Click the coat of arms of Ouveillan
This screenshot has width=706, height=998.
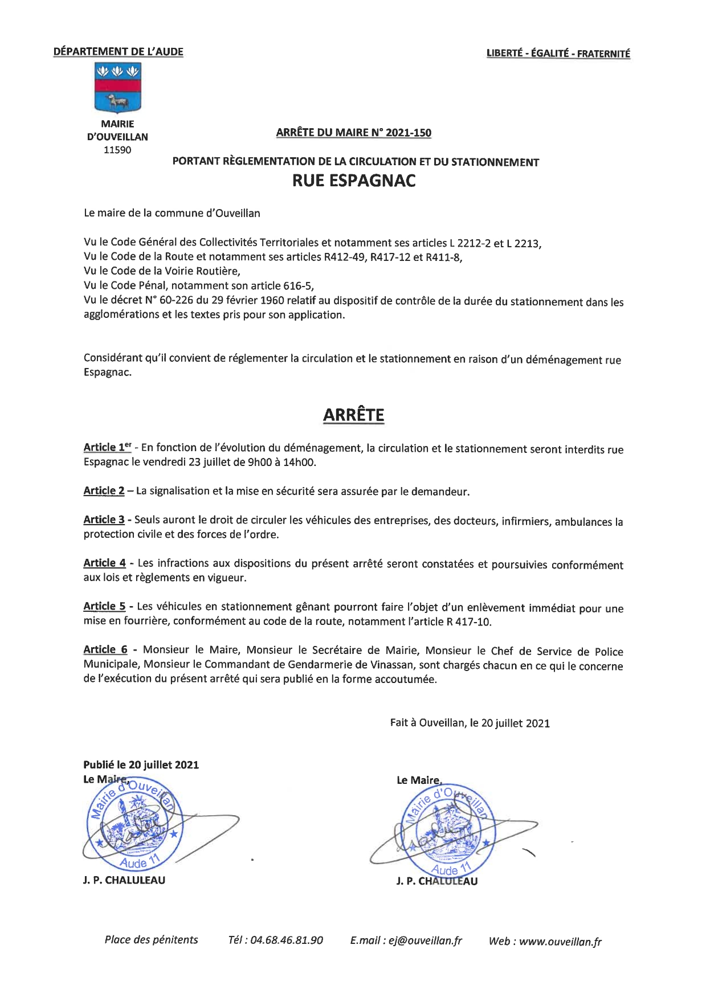[117, 88]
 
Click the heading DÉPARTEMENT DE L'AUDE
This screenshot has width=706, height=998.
[119, 52]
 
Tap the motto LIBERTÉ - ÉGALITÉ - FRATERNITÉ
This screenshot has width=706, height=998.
[558, 54]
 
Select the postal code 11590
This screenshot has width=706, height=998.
[117, 150]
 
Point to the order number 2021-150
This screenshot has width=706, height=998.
[408, 133]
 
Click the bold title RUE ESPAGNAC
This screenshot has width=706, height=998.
[354, 181]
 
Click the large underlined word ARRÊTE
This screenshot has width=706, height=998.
[353, 415]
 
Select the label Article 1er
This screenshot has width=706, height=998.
[107, 448]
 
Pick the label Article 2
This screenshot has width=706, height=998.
[104, 491]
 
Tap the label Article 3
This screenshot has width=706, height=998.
[104, 520]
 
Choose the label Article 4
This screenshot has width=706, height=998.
[104, 563]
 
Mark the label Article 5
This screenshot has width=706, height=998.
[104, 606]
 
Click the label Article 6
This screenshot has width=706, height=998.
[105, 649]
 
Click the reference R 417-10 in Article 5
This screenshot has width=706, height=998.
[468, 621]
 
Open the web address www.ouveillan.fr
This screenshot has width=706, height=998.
[560, 942]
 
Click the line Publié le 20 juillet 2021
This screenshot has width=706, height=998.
[141, 764]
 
